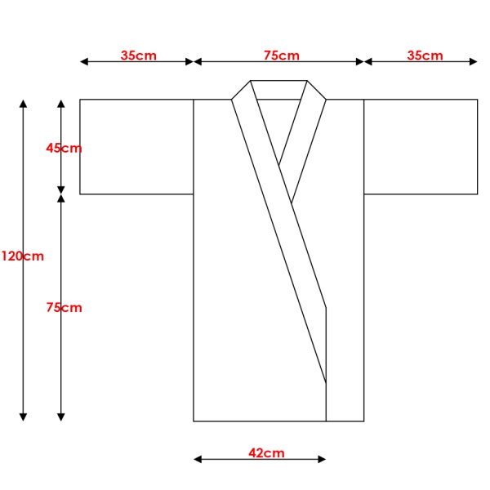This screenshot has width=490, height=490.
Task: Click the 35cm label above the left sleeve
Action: click(139, 56)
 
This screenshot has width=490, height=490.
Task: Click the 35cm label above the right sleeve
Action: click(425, 56)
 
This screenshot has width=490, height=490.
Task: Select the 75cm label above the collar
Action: click(282, 56)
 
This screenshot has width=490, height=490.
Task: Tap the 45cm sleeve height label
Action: click(64, 148)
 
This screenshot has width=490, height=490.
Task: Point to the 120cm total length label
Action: click(23, 256)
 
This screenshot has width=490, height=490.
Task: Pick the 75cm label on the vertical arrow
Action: click(64, 308)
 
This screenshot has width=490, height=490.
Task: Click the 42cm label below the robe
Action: click(266, 452)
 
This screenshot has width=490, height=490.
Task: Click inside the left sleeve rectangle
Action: click(136, 147)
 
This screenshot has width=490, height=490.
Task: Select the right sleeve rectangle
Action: click(421, 147)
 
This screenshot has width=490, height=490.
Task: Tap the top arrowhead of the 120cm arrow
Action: click(23, 104)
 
